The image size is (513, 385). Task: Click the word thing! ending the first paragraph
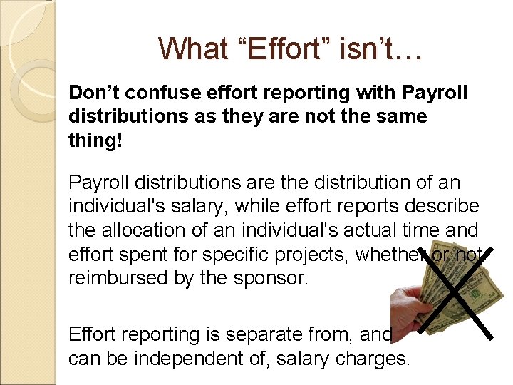(x=95, y=140)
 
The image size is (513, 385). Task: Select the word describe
(x=442, y=206)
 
